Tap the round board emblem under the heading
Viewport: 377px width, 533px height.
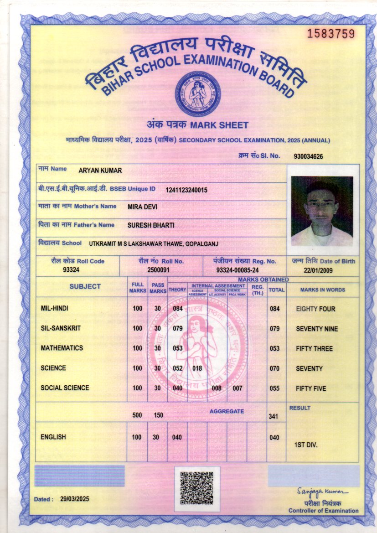[198, 93]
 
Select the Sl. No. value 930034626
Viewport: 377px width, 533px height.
[309, 156]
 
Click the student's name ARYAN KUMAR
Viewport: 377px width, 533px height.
[100, 170]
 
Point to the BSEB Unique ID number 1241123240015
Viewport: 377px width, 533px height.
[186, 190]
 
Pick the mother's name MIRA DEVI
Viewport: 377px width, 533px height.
[142, 207]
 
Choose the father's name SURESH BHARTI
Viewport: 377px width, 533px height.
[151, 225]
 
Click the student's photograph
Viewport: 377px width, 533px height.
[322, 211]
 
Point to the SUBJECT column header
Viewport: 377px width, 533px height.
[85, 287]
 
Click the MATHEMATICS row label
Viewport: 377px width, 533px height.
[62, 348]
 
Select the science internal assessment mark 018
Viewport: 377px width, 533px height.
[197, 368]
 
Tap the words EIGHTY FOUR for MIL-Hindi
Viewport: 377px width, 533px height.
[315, 309]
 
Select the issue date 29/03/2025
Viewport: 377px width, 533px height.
[75, 499]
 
